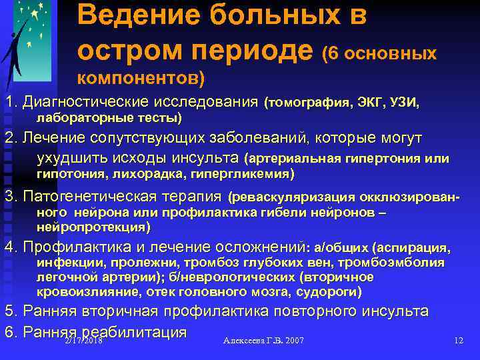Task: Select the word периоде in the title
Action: (258, 49)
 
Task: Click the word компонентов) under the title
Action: (141, 78)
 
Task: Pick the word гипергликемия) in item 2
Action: (241, 173)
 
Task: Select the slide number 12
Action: (458, 340)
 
